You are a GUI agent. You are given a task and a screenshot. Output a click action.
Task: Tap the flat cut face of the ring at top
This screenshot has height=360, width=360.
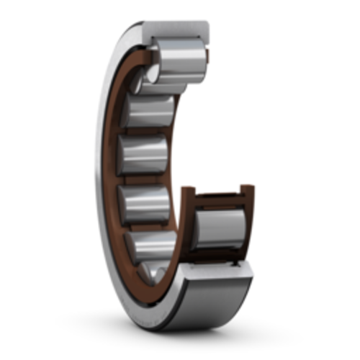(x=176, y=31)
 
